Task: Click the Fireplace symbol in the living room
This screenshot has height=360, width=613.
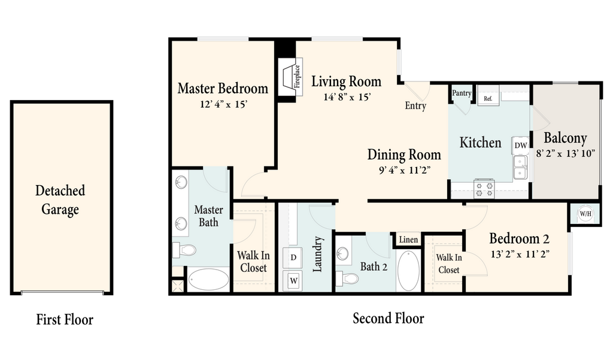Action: tap(291, 77)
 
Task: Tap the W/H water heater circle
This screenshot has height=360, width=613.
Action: tap(585, 214)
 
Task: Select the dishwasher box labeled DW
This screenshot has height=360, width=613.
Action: tap(520, 146)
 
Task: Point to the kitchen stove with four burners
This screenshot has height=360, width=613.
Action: tap(484, 189)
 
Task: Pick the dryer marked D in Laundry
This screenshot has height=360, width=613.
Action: tap(292, 258)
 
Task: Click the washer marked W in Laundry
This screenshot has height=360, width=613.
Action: tap(293, 280)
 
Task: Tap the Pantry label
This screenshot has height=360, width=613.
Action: tap(462, 93)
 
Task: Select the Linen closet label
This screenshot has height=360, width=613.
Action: tap(408, 240)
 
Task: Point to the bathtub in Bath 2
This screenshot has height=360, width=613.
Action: tap(408, 271)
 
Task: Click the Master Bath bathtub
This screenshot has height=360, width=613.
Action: tap(208, 279)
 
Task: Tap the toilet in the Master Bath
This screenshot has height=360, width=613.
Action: tap(184, 250)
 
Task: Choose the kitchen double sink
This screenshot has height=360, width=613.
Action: tap(520, 167)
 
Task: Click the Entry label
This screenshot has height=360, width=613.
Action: tap(415, 105)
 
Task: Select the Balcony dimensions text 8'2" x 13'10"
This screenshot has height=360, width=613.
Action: tap(565, 153)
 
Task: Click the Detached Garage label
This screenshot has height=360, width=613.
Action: tap(60, 200)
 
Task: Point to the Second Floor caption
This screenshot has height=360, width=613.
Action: tap(388, 318)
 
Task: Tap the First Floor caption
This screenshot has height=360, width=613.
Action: tap(65, 319)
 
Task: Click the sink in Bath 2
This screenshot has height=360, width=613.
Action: tap(342, 253)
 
